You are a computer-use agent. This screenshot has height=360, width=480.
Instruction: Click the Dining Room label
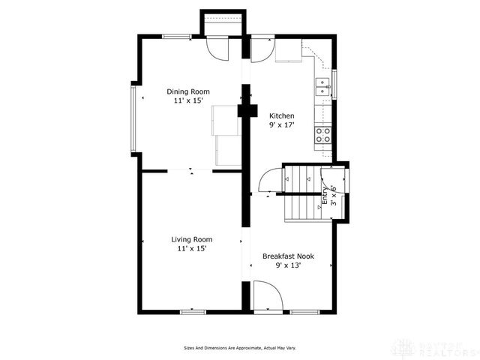click(187, 91)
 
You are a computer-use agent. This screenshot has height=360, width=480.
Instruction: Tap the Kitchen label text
click(282, 115)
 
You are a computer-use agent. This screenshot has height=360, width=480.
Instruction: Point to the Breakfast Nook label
click(288, 256)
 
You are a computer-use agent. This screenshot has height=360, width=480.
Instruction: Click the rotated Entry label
click(325, 195)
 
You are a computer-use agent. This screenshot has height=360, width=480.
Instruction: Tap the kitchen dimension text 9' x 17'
click(282, 125)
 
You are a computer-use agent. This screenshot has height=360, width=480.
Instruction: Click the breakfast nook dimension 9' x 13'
click(288, 265)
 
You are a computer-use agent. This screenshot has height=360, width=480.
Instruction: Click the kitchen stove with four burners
click(323, 135)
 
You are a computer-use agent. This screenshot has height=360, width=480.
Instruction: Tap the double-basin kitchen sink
click(322, 85)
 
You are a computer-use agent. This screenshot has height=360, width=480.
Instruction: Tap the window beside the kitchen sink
click(335, 83)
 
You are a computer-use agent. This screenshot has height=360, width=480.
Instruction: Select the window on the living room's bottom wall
click(193, 311)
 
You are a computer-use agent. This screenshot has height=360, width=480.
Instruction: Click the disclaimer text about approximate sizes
click(240, 348)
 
